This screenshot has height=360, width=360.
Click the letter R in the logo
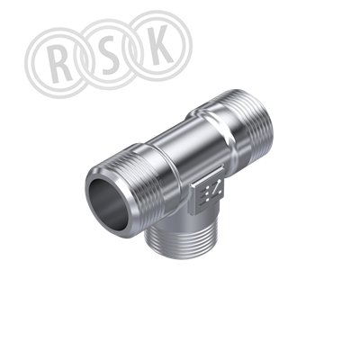[61, 64]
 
